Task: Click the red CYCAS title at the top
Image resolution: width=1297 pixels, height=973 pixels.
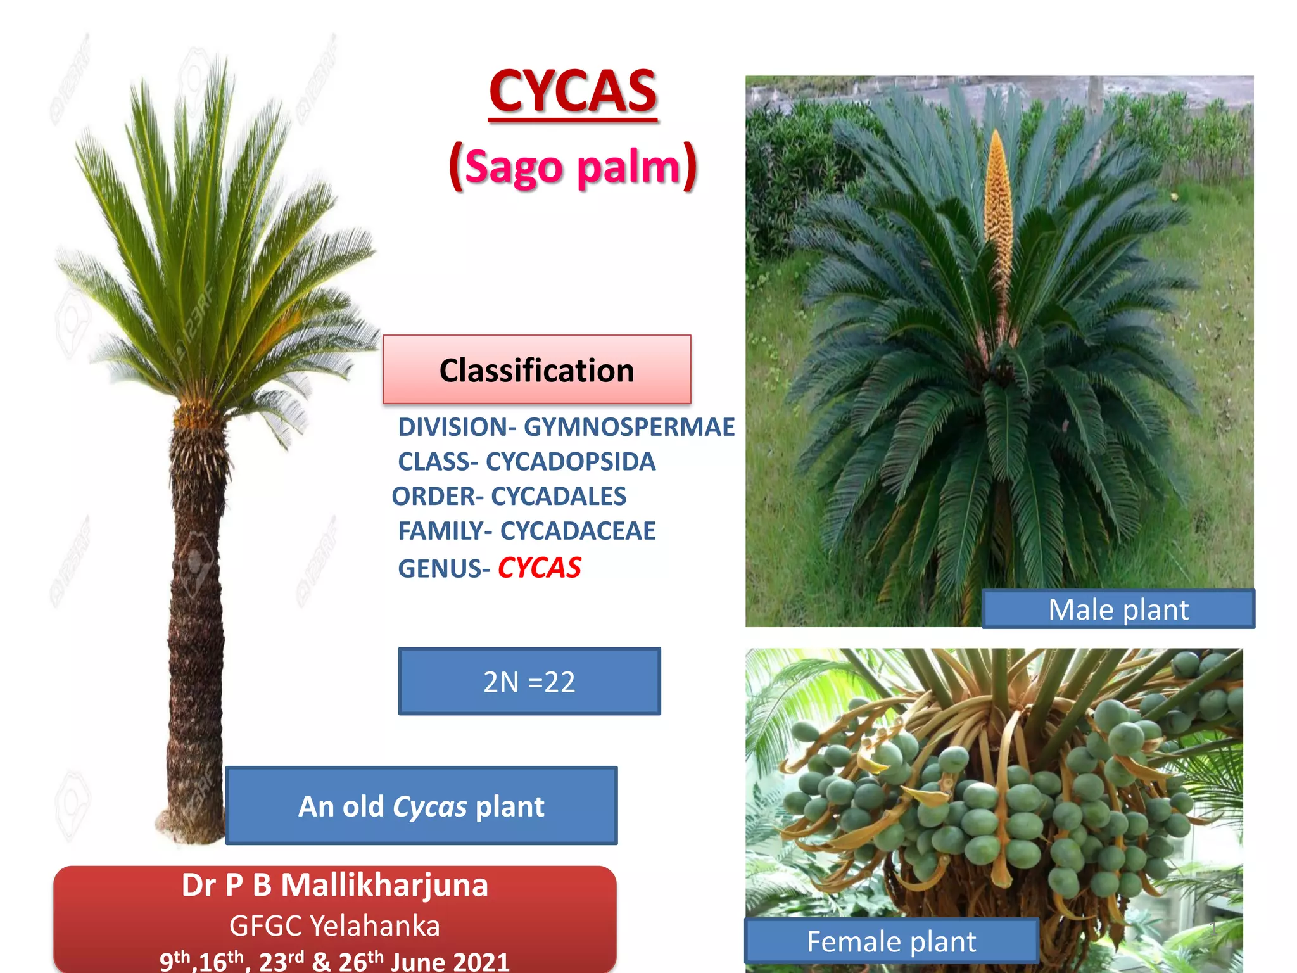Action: coord(573,92)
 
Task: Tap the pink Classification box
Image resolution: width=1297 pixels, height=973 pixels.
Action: coord(536,370)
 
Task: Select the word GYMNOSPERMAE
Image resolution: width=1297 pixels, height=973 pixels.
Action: coord(629,427)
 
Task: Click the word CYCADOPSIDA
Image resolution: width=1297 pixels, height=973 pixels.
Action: coord(570,462)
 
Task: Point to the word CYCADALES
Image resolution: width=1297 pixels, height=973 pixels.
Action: coord(559,497)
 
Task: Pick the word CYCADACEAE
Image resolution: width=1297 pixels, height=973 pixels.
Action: coord(578,531)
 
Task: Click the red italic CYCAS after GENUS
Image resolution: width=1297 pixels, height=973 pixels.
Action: coord(539,568)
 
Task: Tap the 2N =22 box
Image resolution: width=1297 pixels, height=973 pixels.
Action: coord(529,682)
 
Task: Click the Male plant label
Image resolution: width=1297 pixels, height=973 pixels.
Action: coord(1118,609)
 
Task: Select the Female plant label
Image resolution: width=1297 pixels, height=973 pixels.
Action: coord(891,941)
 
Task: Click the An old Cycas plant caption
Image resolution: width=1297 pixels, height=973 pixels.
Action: coord(421,806)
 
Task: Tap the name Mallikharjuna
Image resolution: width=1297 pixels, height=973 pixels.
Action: coord(384,885)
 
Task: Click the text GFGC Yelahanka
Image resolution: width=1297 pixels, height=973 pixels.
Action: coord(334,925)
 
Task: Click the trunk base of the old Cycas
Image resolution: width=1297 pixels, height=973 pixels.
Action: coord(190,824)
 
